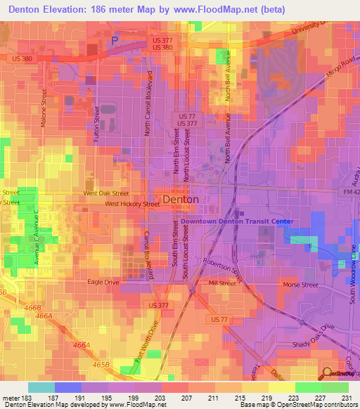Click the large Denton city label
tap(181, 200)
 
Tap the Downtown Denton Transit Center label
tap(236, 221)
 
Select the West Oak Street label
tap(106, 193)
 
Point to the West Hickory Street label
tap(132, 204)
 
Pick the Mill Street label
tap(222, 283)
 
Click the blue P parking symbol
tap(115, 41)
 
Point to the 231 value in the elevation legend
tap(347, 398)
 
